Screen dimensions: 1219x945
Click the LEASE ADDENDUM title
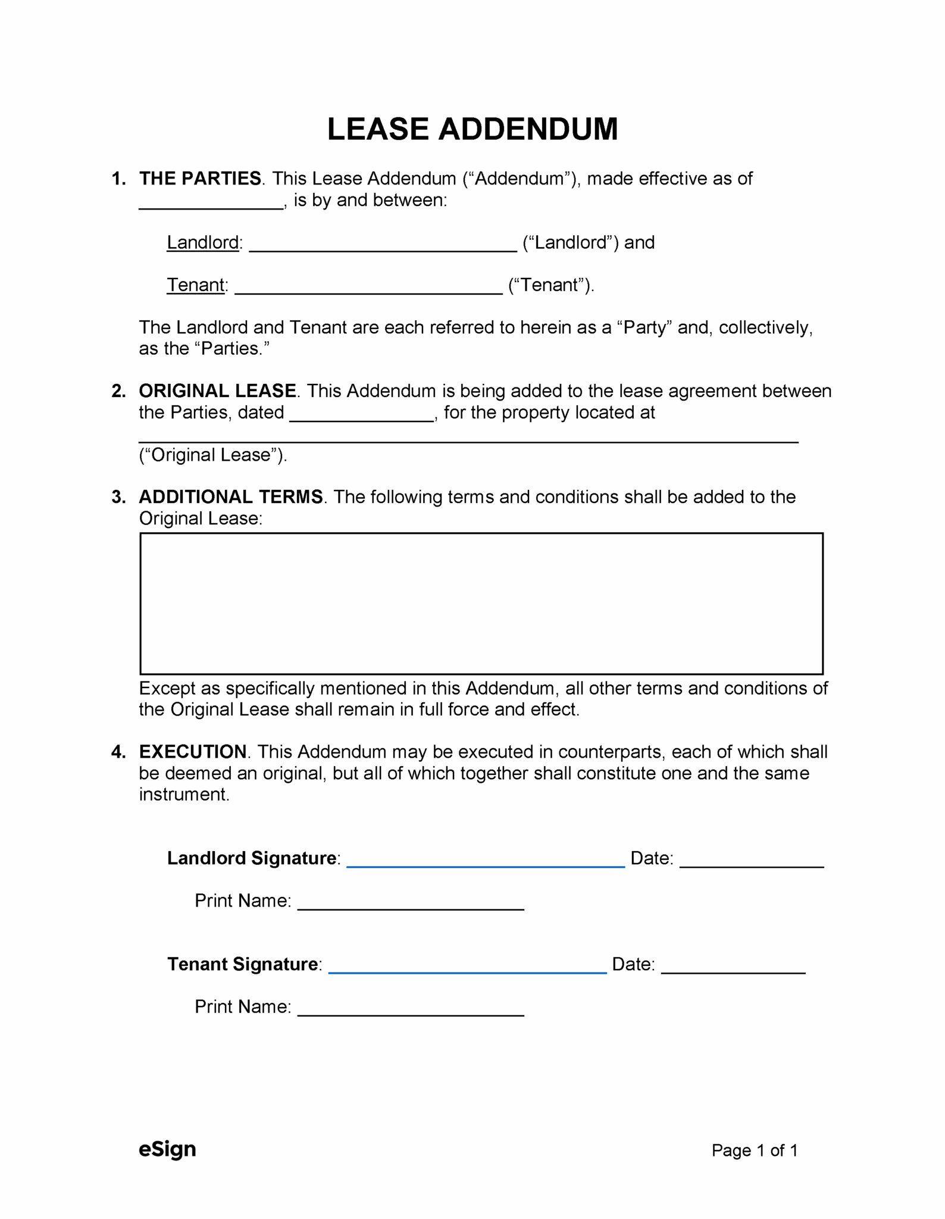[472, 129]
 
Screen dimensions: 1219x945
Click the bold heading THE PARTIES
[200, 179]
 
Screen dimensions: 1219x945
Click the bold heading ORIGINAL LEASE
[217, 391]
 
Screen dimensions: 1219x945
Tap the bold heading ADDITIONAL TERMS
[231, 497]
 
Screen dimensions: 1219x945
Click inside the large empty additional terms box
[481, 604]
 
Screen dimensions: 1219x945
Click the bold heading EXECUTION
[193, 752]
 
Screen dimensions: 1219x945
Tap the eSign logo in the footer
[167, 1149]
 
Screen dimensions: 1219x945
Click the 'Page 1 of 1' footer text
[754, 1151]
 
